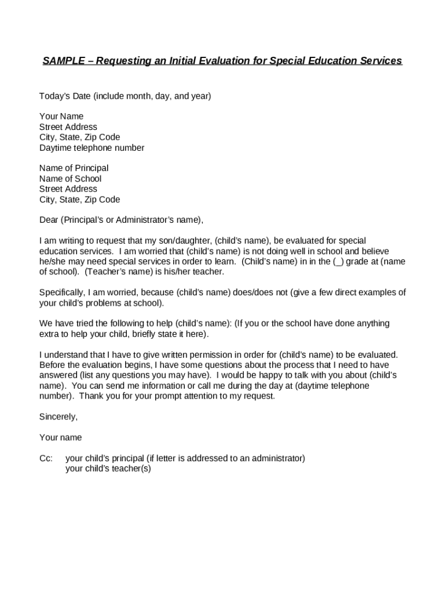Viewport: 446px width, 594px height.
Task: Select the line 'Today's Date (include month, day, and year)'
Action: (x=125, y=96)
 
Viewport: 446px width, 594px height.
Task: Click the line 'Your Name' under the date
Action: (x=61, y=116)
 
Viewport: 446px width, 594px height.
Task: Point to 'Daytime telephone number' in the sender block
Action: (x=92, y=147)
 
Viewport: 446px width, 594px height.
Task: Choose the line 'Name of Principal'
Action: (x=74, y=168)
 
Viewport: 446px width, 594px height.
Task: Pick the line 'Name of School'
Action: (x=70, y=179)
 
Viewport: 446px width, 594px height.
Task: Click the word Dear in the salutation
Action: (x=49, y=220)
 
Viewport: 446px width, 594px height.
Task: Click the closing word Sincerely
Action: (x=58, y=416)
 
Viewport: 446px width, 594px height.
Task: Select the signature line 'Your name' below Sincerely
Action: (x=60, y=437)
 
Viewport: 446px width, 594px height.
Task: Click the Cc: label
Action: (x=46, y=458)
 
